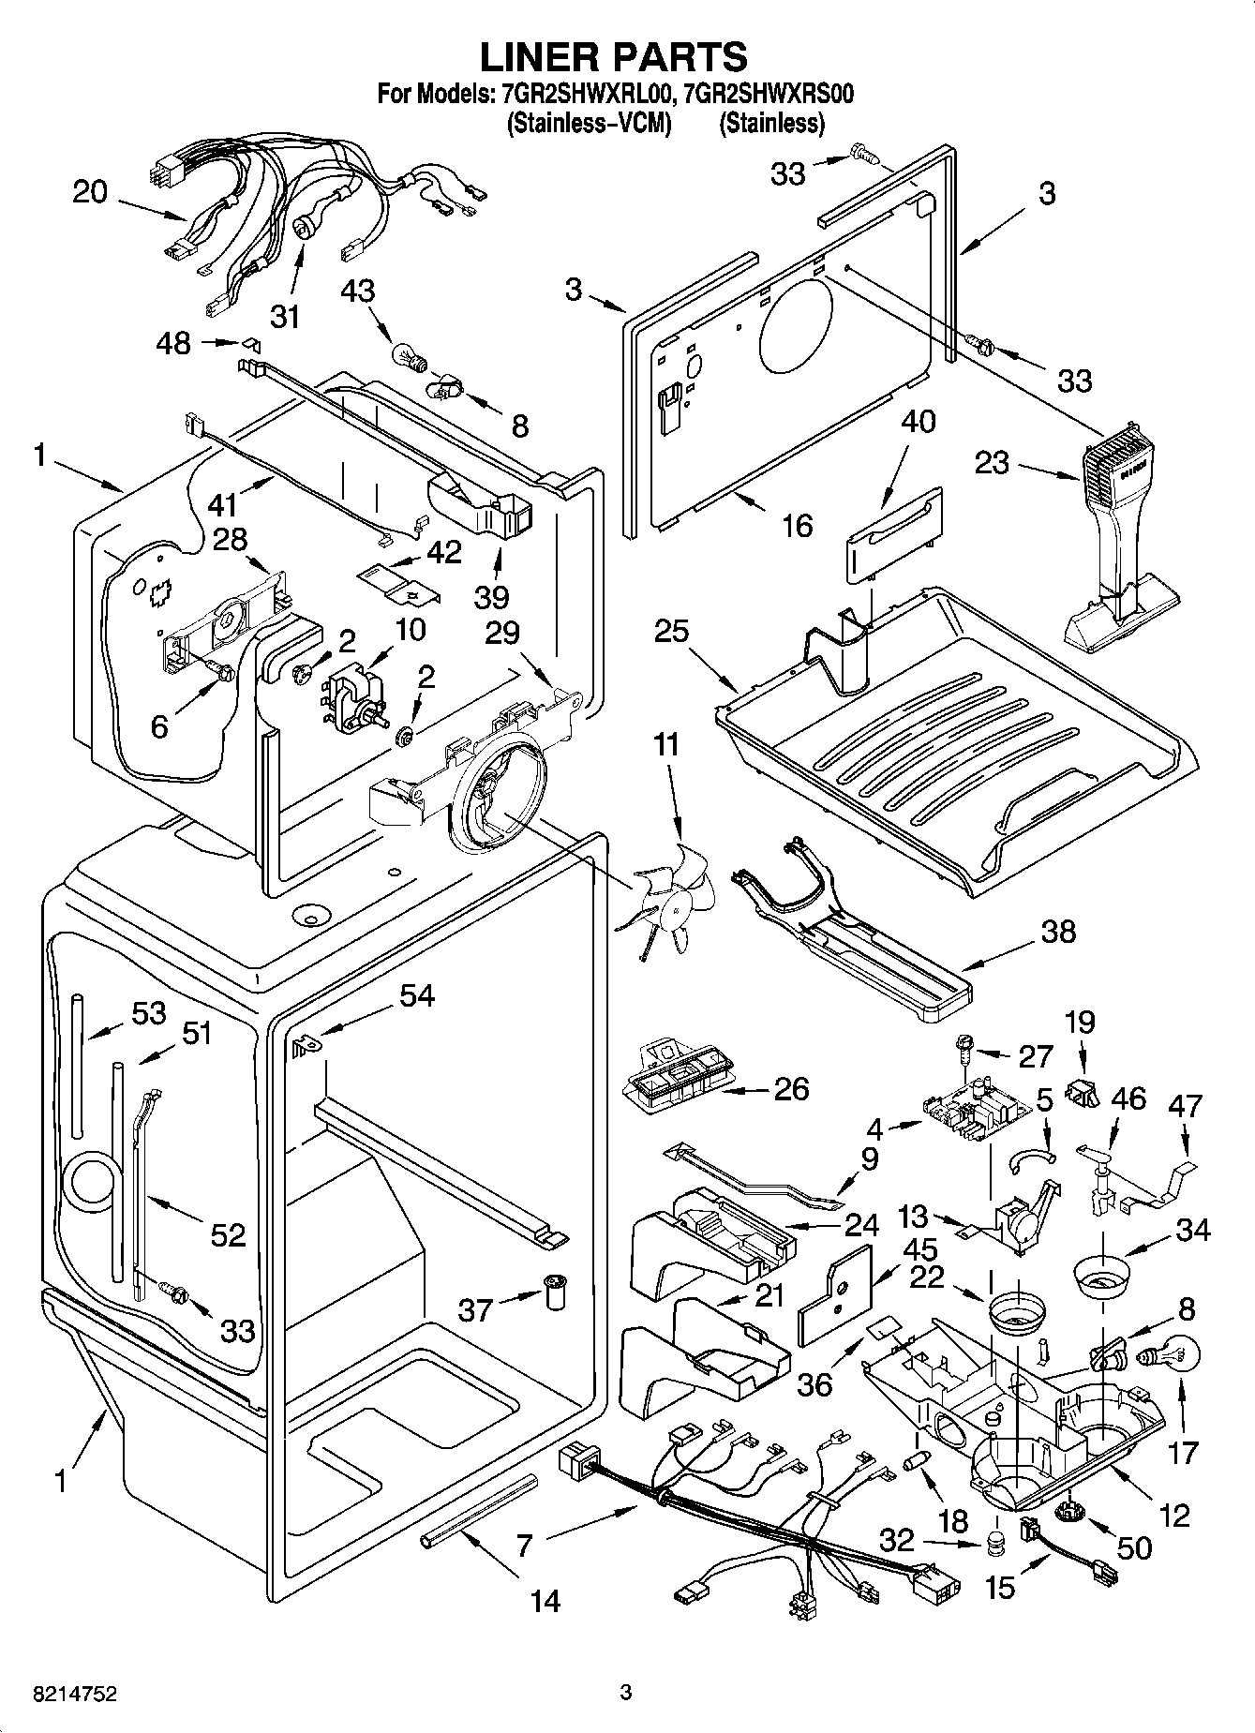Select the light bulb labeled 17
coord(1169,1355)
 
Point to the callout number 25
coord(671,635)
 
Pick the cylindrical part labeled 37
coord(556,1293)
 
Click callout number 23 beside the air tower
coord(994,462)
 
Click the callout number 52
coord(227,1234)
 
